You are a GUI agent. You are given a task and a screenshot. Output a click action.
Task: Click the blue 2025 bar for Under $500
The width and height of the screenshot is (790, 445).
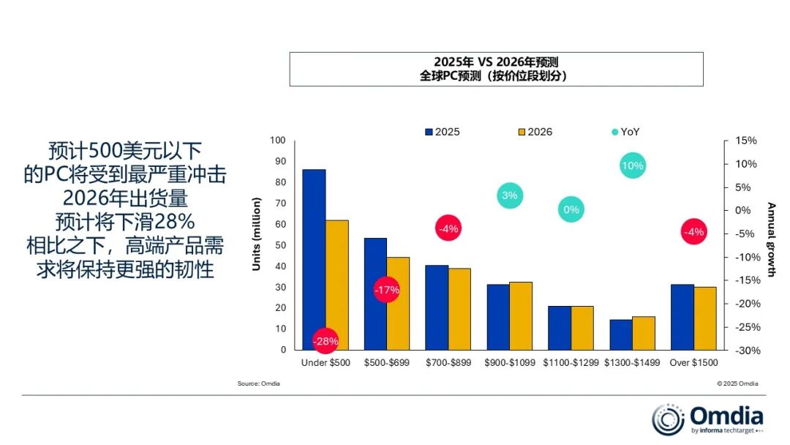point(314,249)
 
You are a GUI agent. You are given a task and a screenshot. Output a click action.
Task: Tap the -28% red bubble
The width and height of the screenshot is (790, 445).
point(326,341)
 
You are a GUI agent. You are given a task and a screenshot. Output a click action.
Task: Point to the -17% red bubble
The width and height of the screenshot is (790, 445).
point(387,290)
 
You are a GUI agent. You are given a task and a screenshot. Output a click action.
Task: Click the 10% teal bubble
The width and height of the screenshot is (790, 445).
point(632,166)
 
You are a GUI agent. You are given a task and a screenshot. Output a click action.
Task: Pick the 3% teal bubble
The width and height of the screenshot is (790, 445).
point(510,195)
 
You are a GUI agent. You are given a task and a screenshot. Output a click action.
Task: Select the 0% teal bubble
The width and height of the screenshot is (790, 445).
point(571,210)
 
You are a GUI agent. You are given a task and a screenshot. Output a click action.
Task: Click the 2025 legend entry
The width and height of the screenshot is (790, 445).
point(443,132)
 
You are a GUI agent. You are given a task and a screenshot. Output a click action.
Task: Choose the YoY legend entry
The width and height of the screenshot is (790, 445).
point(625,132)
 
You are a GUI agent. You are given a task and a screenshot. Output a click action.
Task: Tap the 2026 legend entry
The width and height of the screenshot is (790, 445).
point(535,132)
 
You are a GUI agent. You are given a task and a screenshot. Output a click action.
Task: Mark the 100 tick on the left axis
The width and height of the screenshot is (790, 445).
point(277,141)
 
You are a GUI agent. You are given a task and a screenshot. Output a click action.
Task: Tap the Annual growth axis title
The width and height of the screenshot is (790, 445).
point(771,240)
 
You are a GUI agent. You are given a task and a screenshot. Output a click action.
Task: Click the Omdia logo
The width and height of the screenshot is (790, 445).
point(707,419)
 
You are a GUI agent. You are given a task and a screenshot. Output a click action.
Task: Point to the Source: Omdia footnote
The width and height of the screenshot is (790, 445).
point(258,384)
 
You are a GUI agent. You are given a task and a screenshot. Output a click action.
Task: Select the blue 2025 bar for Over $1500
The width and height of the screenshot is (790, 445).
point(682,317)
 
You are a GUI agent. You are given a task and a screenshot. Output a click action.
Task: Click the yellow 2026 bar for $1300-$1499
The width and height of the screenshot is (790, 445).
point(644,333)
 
